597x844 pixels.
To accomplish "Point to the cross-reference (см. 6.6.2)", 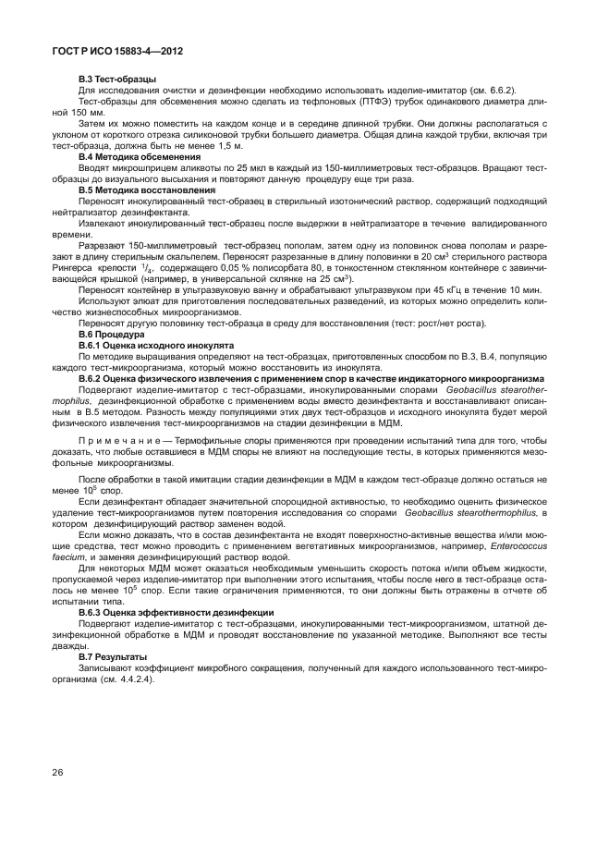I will [488, 91].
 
